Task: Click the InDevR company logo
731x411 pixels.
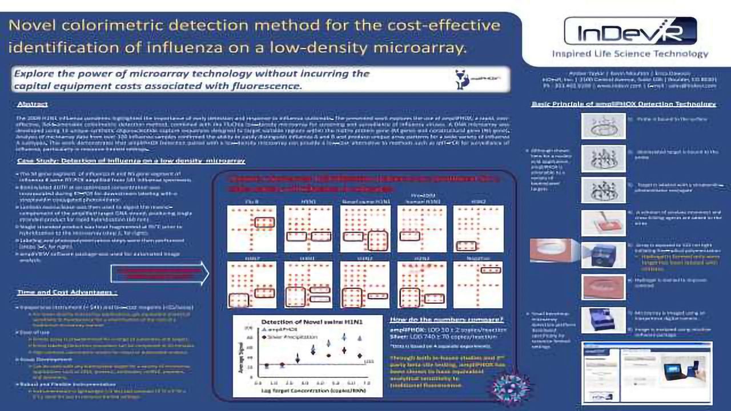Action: coord(630,31)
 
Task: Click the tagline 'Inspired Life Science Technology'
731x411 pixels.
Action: coord(630,54)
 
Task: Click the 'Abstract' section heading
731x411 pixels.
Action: coord(33,104)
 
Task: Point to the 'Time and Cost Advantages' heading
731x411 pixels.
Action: coord(67,292)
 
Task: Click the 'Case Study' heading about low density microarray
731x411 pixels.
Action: coord(131,161)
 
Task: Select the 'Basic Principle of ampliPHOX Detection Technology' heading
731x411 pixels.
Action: coord(624,104)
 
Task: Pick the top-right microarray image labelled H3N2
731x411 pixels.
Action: coord(477,228)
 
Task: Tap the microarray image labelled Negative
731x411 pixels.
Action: coord(477,284)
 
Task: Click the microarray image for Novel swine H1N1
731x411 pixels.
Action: coord(364,228)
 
